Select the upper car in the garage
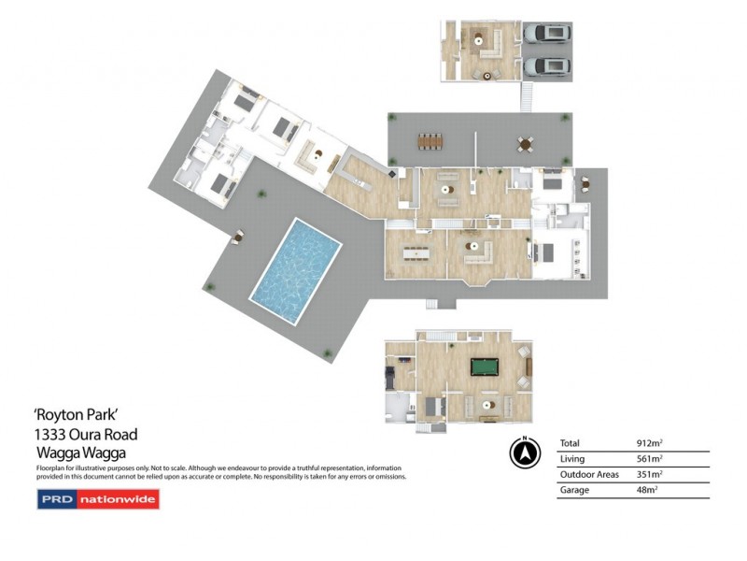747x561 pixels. [546, 35]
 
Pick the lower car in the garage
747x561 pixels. [546, 66]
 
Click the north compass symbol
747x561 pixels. [525, 453]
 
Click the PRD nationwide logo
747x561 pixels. [98, 500]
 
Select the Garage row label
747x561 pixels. [574, 489]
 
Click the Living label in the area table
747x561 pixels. [572, 458]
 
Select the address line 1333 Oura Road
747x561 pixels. [86, 434]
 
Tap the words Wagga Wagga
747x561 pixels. [79, 452]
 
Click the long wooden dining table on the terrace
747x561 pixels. [430, 141]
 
